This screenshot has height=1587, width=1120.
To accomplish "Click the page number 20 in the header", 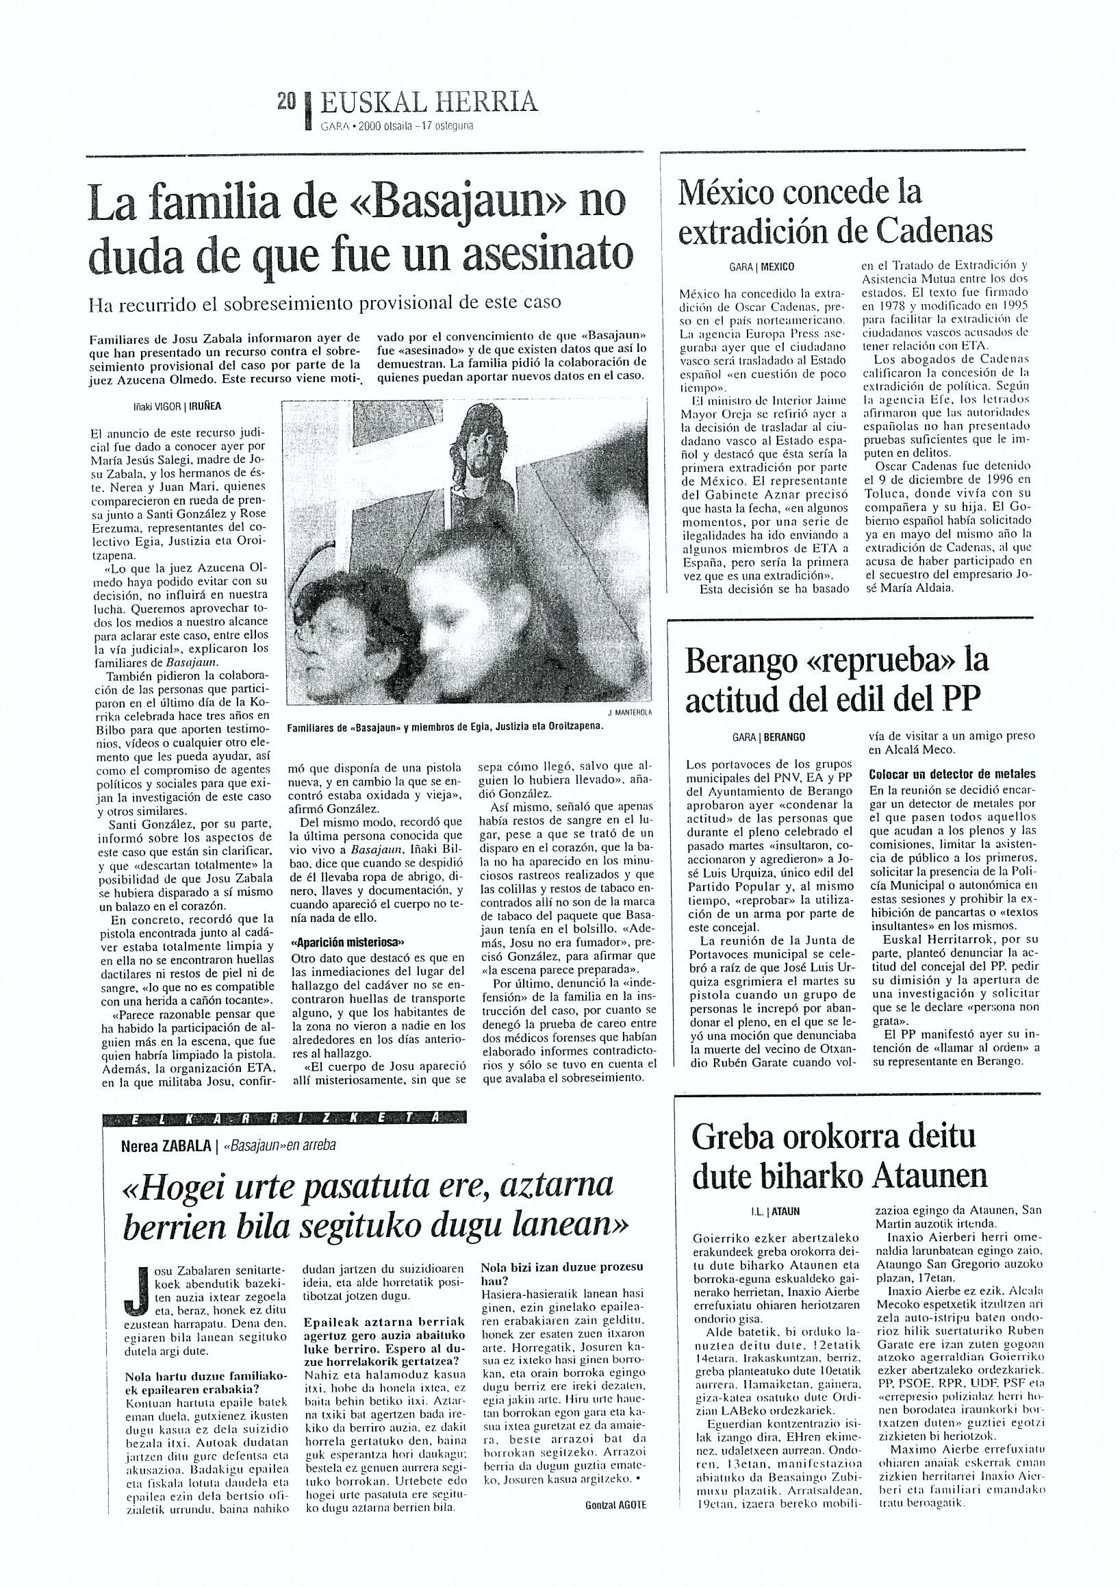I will [x=286, y=102].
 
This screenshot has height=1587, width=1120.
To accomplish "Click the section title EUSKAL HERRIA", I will [x=429, y=103].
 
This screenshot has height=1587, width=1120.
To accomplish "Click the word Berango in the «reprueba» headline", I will [x=743, y=662].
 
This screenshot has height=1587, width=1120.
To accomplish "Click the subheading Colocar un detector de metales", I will [x=953, y=774].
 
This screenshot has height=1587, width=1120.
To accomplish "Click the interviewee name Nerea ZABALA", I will [x=166, y=1145].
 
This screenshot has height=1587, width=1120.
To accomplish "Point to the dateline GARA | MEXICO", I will [x=762, y=267].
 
